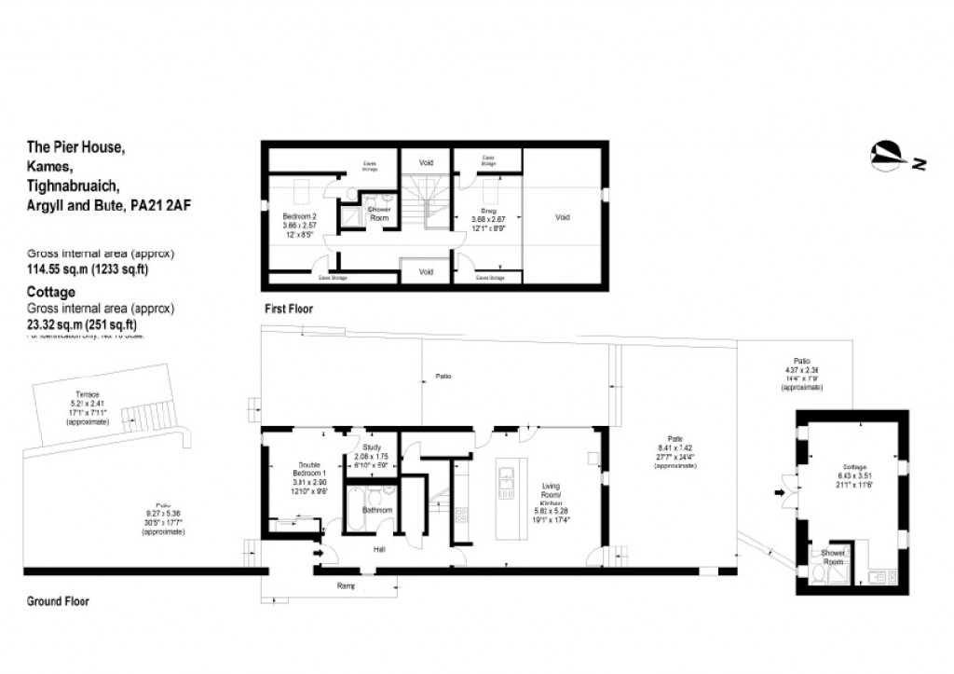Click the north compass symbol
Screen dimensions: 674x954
click(888, 157)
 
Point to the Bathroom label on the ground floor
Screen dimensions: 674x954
click(377, 510)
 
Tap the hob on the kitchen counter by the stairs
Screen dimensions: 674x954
click(460, 514)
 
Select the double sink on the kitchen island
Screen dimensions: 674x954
click(505, 482)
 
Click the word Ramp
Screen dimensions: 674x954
click(347, 586)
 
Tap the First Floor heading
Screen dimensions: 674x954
click(287, 309)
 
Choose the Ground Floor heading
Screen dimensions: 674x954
click(58, 601)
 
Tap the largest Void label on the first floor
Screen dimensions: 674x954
click(562, 217)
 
